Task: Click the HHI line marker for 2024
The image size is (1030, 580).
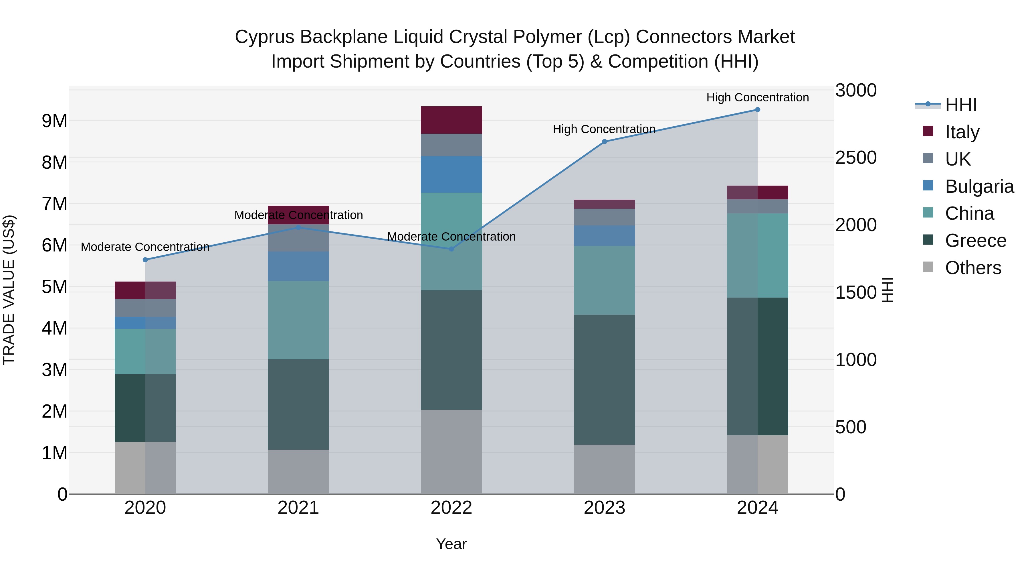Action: (x=757, y=110)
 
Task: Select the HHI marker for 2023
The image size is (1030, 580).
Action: (x=605, y=142)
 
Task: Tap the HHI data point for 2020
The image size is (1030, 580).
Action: (x=145, y=260)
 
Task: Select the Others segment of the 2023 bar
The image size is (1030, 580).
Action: (x=605, y=469)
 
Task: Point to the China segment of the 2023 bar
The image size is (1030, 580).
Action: (x=605, y=280)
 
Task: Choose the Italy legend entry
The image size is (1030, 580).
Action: (x=962, y=132)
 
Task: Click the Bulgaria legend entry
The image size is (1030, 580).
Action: (x=978, y=186)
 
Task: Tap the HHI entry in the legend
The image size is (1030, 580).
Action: (x=960, y=105)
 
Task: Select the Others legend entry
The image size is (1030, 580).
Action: (x=972, y=268)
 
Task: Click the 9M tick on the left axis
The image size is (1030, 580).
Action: (x=55, y=121)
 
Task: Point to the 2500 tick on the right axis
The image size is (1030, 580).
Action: (x=856, y=158)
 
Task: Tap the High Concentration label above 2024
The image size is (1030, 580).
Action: (x=757, y=97)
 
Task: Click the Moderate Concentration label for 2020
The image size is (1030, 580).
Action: (x=145, y=247)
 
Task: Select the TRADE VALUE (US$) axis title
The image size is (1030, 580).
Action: (x=9, y=290)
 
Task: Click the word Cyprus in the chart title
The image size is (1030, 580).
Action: (x=265, y=37)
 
